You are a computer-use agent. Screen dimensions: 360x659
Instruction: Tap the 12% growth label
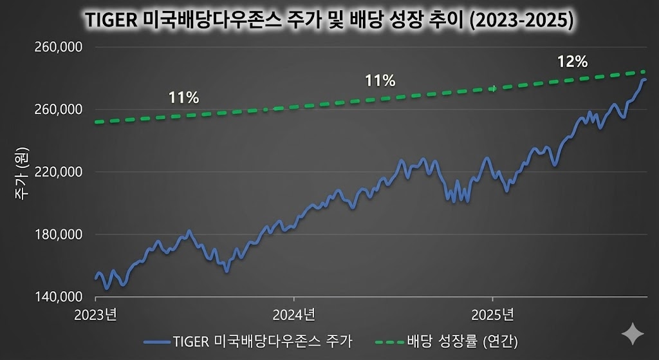[x=572, y=62]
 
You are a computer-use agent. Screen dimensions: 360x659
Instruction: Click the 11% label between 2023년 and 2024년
[x=183, y=98]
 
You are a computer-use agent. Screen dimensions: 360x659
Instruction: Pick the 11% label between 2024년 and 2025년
[x=380, y=81]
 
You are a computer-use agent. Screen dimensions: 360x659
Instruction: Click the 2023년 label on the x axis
[x=96, y=315]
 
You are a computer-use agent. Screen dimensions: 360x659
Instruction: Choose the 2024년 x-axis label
[x=294, y=315]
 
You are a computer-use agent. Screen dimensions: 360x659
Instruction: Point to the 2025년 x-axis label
[x=492, y=315]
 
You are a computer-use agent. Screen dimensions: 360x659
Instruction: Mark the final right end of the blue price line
[x=645, y=79]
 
